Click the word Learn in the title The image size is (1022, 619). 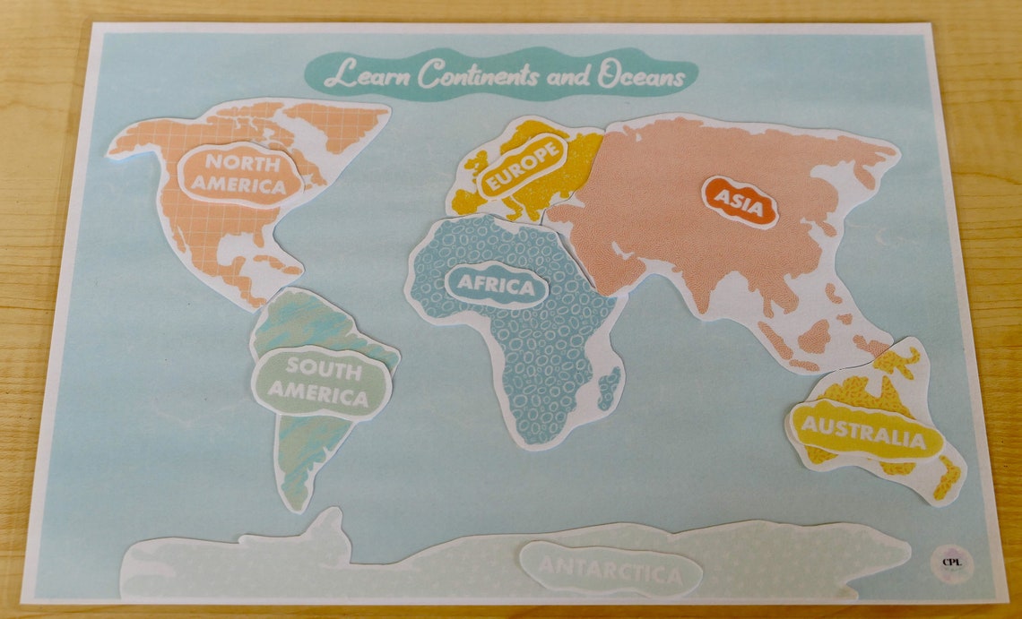[368, 74]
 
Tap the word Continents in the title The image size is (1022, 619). [478, 74]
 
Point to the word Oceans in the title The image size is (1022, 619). [641, 78]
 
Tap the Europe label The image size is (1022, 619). [524, 168]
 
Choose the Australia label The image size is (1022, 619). [862, 431]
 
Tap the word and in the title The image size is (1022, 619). [567, 78]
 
